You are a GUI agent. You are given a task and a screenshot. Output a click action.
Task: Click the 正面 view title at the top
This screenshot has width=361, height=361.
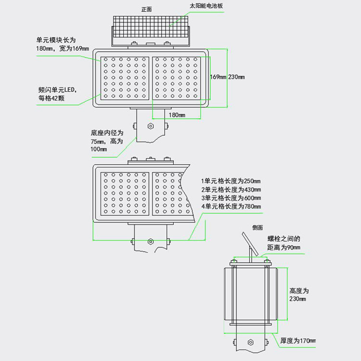(x=146, y=9)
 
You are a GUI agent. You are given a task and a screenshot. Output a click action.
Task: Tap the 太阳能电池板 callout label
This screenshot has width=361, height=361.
(x=206, y=6)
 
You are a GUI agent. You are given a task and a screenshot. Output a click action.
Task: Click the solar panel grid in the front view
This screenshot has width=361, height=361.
(x=151, y=26)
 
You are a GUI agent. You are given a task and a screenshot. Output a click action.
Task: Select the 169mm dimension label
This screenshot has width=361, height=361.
(x=218, y=77)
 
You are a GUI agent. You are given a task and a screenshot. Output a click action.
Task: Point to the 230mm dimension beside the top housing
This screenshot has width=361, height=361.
(x=236, y=77)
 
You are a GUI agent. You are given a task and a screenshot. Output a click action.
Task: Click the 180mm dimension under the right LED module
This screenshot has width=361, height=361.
(x=177, y=115)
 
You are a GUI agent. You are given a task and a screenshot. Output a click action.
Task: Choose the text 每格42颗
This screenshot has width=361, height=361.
(x=52, y=98)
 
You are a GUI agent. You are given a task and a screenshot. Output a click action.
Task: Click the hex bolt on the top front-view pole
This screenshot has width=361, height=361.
(x=151, y=126)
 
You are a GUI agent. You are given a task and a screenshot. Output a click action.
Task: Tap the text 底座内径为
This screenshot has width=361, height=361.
(x=107, y=133)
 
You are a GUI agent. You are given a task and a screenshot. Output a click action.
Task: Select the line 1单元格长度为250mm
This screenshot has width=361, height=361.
(x=231, y=181)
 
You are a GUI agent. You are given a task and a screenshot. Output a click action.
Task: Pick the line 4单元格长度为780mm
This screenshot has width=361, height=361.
(x=231, y=206)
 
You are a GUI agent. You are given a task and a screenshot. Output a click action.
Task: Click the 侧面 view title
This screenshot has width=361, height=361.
(x=258, y=228)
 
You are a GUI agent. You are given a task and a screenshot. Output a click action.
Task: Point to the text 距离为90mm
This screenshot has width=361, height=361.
(x=284, y=247)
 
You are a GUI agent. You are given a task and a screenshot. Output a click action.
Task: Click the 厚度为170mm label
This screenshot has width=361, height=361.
(x=298, y=340)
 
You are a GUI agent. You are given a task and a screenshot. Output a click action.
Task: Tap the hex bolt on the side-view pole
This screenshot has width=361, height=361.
(x=250, y=342)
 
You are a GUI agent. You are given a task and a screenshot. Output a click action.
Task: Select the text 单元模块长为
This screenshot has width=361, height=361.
(x=56, y=40)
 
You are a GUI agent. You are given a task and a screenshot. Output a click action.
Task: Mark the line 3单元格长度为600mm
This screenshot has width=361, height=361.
(x=231, y=198)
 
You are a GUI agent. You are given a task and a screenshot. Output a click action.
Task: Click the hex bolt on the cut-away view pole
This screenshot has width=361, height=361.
(x=151, y=242)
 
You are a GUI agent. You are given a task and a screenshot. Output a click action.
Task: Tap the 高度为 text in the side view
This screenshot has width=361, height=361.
(x=299, y=291)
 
